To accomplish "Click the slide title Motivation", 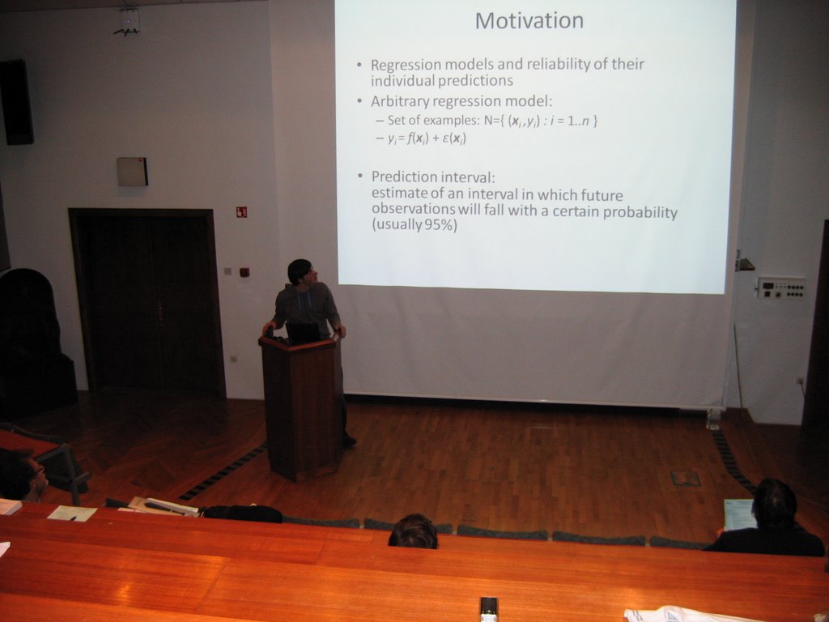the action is pos(529,21).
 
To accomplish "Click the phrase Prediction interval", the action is pos(433,177).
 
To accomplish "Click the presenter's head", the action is pos(301,272).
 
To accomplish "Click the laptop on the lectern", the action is pos(304,333).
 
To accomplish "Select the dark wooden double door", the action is pos(147,301).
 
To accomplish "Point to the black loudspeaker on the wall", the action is pos(16,102).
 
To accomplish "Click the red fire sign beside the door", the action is pos(241,212).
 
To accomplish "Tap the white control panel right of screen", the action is pos(781,288).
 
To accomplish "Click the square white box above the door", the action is pos(132,172).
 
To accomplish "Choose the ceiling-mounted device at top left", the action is pos(127,22).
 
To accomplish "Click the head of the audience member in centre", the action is pos(414,531).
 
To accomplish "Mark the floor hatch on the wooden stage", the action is pos(685,479).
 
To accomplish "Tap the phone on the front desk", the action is pos(488,609).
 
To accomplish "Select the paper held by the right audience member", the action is pos(738,514).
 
